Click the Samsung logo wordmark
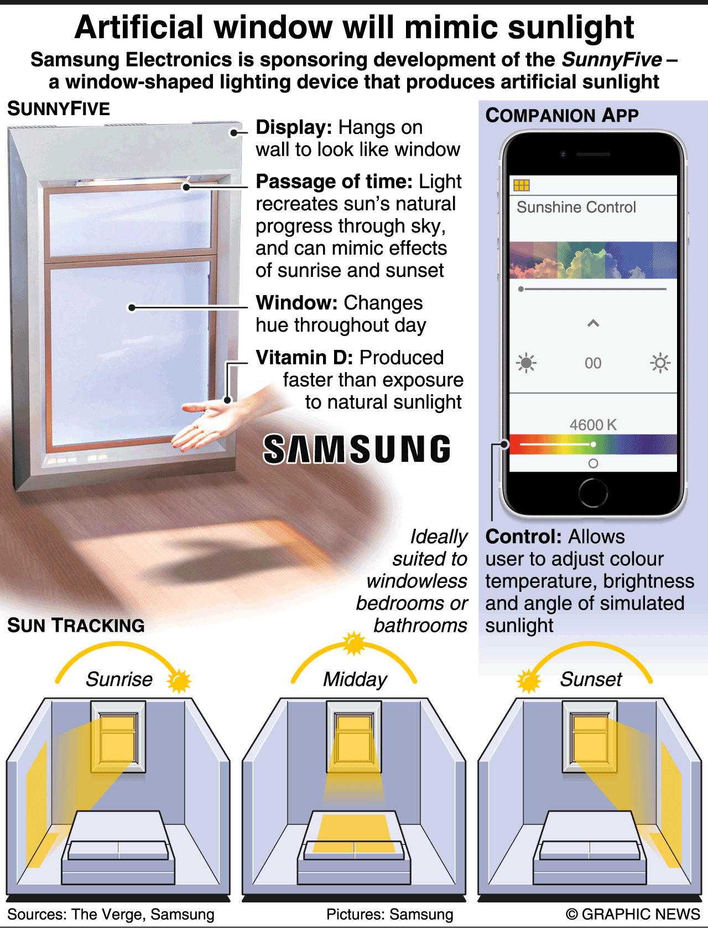[357, 449]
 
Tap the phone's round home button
[593, 493]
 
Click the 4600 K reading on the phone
[593, 425]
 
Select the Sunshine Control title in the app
[576, 207]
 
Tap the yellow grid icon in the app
[521, 185]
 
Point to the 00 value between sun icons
[593, 363]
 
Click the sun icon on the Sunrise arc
[179, 680]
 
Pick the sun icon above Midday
[354, 643]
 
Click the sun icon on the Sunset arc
[528, 680]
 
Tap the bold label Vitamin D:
[304, 358]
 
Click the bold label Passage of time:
[334, 182]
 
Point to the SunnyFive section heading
[58, 109]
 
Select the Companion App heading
[562, 116]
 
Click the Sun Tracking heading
[76, 625]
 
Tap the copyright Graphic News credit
[633, 913]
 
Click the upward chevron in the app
[593, 324]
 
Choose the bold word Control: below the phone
[523, 536]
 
